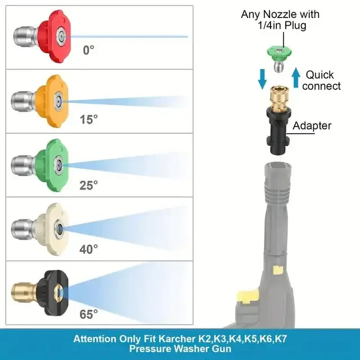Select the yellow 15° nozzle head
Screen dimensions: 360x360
(x=52, y=101)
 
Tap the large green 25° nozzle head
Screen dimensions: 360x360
(x=52, y=165)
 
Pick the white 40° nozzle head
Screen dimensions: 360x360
(x=52, y=229)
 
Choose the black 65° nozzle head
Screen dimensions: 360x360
(x=53, y=293)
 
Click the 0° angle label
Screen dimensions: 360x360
(x=88, y=50)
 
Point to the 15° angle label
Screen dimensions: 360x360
(x=89, y=120)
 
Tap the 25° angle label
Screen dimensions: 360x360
(x=89, y=185)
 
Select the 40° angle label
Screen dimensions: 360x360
(x=89, y=249)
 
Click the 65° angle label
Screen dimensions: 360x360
(x=89, y=314)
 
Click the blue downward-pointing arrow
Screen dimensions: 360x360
(x=262, y=79)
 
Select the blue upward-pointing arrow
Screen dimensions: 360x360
(x=296, y=78)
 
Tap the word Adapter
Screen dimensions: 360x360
(x=312, y=125)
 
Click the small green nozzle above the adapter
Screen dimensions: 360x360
(x=279, y=58)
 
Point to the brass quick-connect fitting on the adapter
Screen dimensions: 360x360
(x=278, y=98)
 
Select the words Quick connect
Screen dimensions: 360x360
(x=321, y=80)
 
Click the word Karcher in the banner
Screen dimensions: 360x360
(x=177, y=339)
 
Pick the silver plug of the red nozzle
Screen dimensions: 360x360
(x=26, y=37)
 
